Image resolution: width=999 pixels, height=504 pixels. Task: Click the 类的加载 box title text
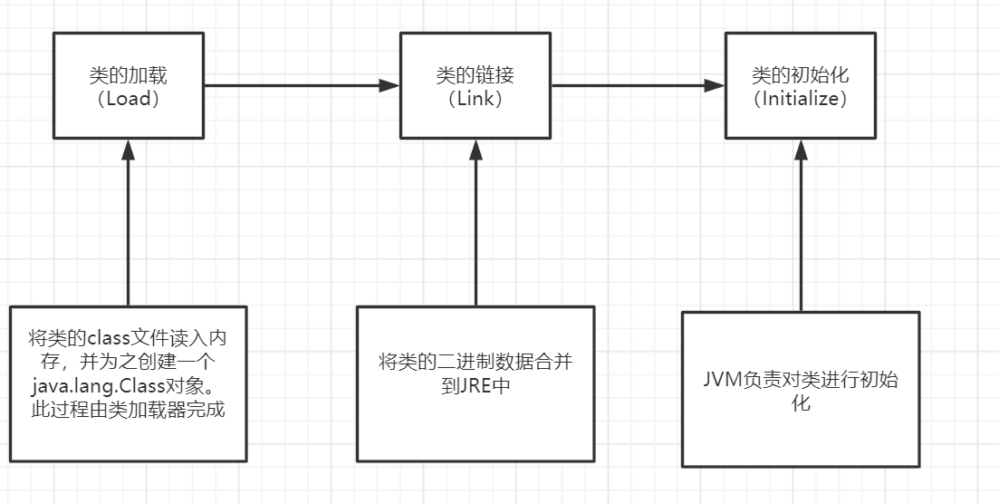click(x=129, y=76)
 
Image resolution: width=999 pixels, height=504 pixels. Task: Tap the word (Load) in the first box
click(x=129, y=100)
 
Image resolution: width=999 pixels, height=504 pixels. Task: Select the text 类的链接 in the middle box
click(x=475, y=76)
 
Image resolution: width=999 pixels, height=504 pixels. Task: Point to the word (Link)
click(x=475, y=100)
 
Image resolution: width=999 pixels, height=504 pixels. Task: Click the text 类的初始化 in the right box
click(x=801, y=76)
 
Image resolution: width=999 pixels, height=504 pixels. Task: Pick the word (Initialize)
click(x=801, y=100)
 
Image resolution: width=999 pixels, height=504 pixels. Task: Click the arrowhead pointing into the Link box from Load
click(x=389, y=86)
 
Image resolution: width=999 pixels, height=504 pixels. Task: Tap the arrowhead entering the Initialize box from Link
click(x=716, y=86)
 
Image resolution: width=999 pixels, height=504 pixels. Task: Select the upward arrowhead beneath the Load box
click(x=129, y=150)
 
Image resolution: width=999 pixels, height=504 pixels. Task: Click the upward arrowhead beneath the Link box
click(x=475, y=150)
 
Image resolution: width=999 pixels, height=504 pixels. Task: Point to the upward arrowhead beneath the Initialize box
click(x=801, y=150)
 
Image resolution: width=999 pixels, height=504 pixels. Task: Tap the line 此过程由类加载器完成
click(x=129, y=409)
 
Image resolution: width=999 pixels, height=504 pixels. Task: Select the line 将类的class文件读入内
click(x=129, y=338)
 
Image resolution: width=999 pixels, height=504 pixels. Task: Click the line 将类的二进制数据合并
click(x=475, y=362)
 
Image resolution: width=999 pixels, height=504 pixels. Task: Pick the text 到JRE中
click(x=475, y=385)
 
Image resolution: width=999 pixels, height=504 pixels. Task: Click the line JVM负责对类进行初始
click(x=801, y=379)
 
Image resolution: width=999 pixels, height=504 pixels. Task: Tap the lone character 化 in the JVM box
click(x=801, y=402)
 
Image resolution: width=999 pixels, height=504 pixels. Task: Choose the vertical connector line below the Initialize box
click(x=801, y=236)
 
